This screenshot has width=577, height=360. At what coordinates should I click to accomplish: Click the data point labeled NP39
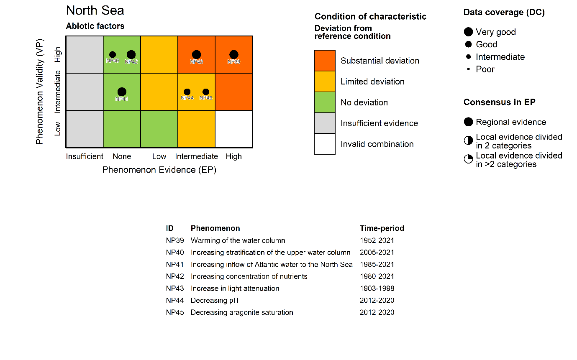(234, 54)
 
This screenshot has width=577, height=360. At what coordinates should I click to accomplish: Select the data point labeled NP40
(113, 54)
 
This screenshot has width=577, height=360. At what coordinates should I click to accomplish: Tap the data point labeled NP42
(131, 54)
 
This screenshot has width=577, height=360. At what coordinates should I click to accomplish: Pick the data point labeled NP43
(196, 54)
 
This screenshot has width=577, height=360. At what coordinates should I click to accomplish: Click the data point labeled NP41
(122, 92)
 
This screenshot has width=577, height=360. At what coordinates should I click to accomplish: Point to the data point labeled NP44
(187, 92)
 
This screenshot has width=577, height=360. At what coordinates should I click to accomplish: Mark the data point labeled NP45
(206, 92)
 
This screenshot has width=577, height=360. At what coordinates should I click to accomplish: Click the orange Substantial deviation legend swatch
(325, 61)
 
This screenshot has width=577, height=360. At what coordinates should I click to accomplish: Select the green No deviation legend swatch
(325, 102)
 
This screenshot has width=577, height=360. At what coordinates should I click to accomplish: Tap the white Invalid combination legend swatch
(325, 144)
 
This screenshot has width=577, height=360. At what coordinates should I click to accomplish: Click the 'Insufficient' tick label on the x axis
(85, 156)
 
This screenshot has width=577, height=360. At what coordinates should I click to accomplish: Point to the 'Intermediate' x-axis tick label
(196, 156)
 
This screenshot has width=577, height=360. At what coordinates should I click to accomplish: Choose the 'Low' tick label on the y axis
(58, 129)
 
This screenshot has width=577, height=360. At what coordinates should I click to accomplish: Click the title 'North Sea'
(95, 10)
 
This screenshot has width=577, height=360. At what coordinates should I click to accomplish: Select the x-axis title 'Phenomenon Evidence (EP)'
(159, 170)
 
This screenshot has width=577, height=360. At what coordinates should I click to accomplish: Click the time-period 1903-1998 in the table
(377, 289)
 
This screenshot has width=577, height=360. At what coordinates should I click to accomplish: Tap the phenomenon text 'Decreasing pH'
(215, 300)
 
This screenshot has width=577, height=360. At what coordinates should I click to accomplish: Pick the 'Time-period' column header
(382, 228)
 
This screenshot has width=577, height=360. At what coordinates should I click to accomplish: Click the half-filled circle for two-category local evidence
(468, 141)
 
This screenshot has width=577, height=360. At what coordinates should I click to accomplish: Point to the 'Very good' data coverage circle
(468, 32)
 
